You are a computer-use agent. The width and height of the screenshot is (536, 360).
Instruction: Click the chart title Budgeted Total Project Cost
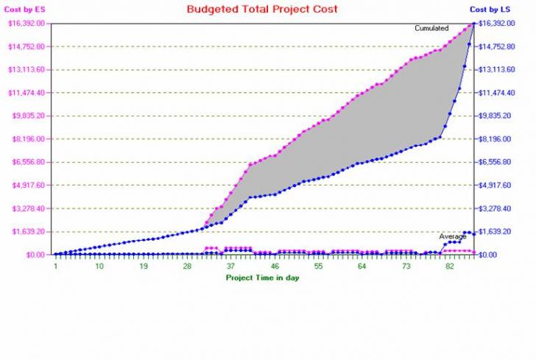262,10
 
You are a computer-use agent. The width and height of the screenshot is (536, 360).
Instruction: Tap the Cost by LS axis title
490,10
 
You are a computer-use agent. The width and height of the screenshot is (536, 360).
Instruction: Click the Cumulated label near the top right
432,28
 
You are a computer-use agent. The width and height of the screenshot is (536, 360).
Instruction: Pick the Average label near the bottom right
453,236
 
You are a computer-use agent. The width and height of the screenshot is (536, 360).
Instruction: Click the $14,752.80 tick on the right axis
495,46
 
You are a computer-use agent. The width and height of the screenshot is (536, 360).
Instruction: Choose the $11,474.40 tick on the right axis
495,93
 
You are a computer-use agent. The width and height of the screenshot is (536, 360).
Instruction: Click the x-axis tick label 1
55,266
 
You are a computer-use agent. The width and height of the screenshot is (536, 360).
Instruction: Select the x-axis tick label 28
187,266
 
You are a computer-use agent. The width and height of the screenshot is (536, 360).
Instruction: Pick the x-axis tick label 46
275,266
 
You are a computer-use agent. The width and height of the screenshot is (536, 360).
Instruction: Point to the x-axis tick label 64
362,266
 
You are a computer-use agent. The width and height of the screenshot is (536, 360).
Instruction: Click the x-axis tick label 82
450,266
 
